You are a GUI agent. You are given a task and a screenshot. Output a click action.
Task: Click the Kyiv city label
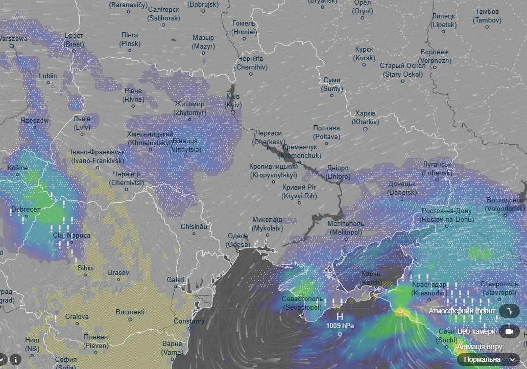233,101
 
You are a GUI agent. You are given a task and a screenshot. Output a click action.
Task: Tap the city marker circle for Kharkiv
365,129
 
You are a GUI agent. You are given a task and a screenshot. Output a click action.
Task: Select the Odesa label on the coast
238,240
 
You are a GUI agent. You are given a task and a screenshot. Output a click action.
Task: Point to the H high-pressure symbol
339,317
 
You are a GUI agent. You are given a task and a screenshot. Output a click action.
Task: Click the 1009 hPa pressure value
340,326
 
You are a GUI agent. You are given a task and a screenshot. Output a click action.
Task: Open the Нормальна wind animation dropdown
489,359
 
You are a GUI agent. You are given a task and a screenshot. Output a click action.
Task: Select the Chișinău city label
194,226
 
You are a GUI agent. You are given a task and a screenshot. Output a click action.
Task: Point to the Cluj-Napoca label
71,236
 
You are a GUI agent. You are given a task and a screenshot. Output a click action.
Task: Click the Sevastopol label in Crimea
302,303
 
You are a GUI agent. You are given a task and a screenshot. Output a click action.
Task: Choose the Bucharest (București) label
130,311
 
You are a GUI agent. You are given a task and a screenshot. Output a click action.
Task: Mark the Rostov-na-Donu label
446,215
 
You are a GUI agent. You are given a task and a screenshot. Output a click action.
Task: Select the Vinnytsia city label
185,145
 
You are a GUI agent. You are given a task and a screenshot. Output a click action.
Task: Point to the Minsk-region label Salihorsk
164,14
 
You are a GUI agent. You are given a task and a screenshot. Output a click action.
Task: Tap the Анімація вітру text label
481,347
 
